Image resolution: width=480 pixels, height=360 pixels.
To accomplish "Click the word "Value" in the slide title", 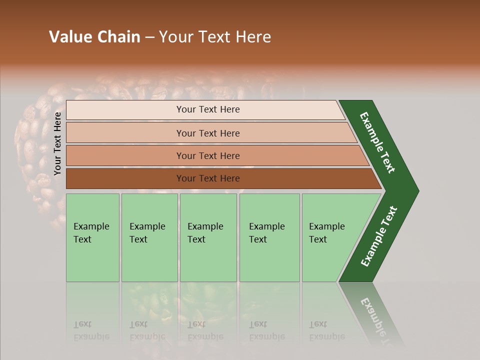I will click(70, 37).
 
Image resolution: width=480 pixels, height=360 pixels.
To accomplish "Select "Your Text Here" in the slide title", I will click(215, 37).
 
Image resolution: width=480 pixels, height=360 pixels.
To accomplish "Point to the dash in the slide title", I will click(149, 37).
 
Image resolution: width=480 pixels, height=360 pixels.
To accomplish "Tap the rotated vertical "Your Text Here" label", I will click(57, 144).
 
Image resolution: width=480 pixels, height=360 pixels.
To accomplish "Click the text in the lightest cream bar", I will click(208, 109).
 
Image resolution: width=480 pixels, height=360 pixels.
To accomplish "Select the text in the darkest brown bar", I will click(208, 178).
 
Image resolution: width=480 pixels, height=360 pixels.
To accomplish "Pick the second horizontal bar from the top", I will click(208, 133).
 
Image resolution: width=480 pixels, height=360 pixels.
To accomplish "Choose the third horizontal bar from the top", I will click(208, 155).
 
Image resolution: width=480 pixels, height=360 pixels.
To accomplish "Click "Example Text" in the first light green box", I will click(91, 233).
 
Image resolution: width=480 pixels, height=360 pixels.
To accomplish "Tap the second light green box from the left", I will click(149, 237).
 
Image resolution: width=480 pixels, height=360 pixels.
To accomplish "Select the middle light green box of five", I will click(208, 237).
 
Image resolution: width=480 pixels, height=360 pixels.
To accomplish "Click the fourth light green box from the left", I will click(269, 237).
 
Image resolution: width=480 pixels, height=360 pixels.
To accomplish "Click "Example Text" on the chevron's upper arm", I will click(377, 142).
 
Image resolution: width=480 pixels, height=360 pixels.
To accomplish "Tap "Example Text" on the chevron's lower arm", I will click(379, 236).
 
